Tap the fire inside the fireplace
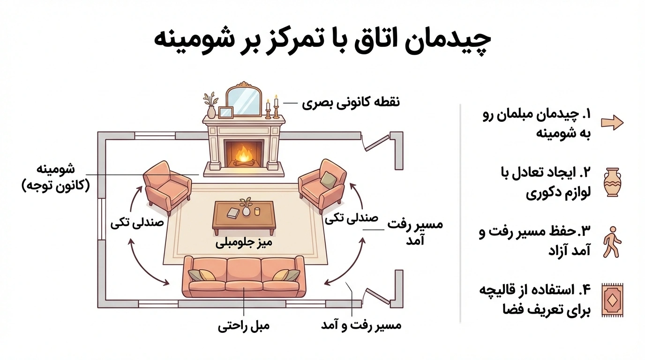click(x=243, y=154)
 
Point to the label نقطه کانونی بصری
click(x=351, y=102)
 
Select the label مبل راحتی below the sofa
click(x=244, y=325)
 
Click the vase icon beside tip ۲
click(x=612, y=182)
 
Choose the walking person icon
click(x=612, y=242)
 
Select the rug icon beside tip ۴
click(x=612, y=300)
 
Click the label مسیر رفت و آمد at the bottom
click(x=361, y=325)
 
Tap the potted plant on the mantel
click(x=210, y=106)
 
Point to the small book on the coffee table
click(x=233, y=213)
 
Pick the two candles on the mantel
click(x=272, y=108)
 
